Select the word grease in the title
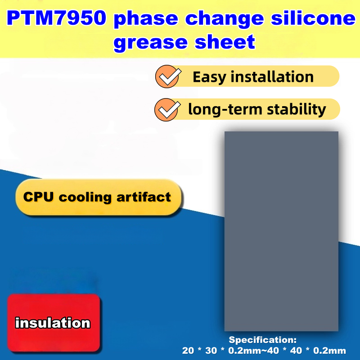[x=151, y=42]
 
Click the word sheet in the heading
[x=225, y=41]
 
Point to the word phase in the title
[x=146, y=19]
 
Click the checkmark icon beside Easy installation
[x=168, y=76]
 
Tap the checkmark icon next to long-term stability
[x=167, y=110]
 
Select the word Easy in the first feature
[x=209, y=77]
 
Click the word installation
[x=272, y=76]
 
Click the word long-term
[x=225, y=109]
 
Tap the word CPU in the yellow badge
[x=38, y=197]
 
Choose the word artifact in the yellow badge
[x=144, y=197]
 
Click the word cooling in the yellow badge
[x=85, y=198]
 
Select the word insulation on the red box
[x=53, y=323]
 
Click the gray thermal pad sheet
[x=281, y=231]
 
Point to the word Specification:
[x=263, y=340]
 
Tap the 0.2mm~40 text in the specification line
[x=253, y=351]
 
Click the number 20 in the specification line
[x=188, y=351]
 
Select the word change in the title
[x=224, y=19]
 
